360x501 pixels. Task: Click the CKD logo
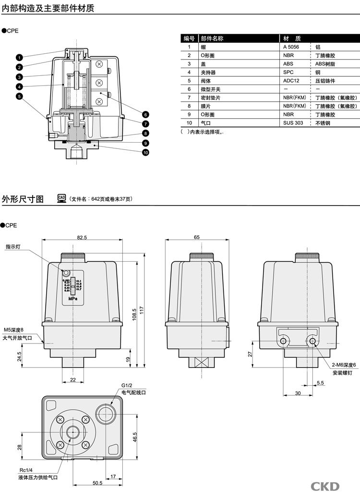[325, 486]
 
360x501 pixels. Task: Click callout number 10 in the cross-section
[145, 153]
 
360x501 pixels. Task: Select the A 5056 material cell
[290, 47]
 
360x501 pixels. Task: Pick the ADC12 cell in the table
[291, 81]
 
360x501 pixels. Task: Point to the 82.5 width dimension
[82, 237]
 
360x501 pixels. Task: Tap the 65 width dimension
[197, 237]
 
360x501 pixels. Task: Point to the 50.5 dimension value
[97, 483]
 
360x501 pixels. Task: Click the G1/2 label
[126, 386]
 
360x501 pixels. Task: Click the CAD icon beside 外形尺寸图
[61, 198]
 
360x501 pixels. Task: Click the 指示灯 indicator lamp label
[14, 247]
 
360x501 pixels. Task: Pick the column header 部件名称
[212, 38]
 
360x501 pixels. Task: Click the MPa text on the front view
[72, 298]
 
